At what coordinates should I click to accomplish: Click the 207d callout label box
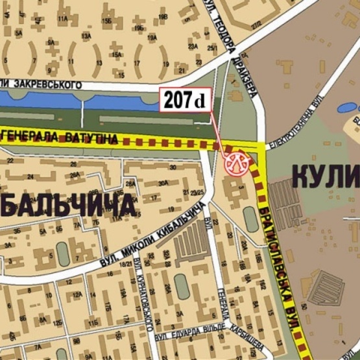point(186,101)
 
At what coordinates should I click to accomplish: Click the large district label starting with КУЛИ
point(324,175)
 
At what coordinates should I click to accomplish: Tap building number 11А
point(64,20)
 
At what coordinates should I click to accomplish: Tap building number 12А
point(77,296)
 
